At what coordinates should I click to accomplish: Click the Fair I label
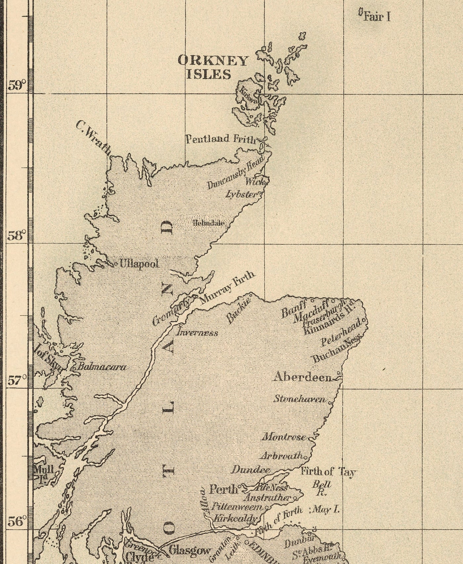(x=377, y=17)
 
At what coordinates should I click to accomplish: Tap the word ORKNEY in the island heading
(x=213, y=61)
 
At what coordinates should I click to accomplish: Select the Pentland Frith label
(x=221, y=139)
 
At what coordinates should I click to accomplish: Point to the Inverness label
(x=197, y=333)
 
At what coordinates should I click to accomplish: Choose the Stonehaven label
(x=300, y=399)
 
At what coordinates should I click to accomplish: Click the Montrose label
(x=284, y=437)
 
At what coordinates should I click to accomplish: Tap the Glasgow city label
(x=189, y=550)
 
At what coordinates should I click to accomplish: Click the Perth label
(x=224, y=489)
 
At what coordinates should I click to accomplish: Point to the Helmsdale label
(x=209, y=223)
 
